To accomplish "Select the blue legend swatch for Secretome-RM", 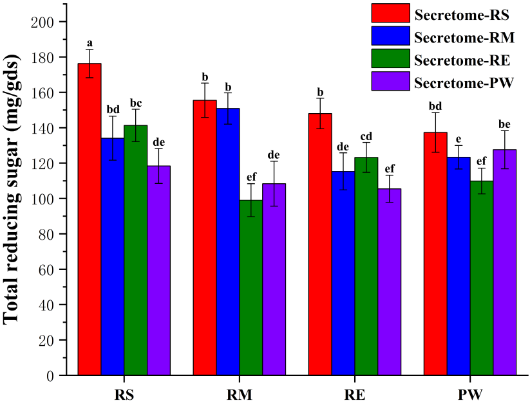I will (x=390, y=35).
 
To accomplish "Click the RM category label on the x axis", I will (x=239, y=393).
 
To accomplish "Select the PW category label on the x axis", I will (x=470, y=393).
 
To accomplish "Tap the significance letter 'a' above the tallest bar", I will (x=90, y=43).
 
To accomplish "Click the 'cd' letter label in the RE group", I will (x=366, y=136).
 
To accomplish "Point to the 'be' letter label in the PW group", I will (x=504, y=124).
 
